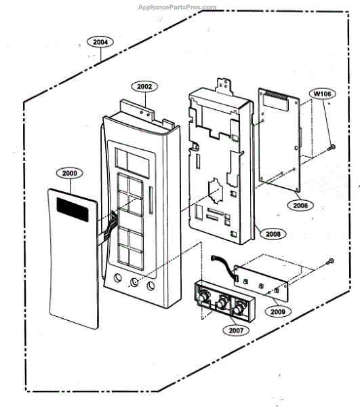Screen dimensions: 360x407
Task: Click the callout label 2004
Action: pos(100,42)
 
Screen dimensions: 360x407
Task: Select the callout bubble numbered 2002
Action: pos(144,86)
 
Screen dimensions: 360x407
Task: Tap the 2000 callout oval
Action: pos(70,174)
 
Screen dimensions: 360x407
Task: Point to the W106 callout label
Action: pos(323,94)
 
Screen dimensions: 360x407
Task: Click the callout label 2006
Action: pos(300,206)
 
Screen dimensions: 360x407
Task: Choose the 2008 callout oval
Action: pos(273,234)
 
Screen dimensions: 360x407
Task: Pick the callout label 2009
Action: pos(278,312)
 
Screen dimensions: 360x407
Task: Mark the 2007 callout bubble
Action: pos(236,331)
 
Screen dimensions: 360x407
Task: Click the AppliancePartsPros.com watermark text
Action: pos(177,7)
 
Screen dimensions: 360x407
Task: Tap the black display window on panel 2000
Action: pos(73,210)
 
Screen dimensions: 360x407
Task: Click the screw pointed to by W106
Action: pos(332,147)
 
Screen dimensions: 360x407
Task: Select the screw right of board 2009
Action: pos(330,261)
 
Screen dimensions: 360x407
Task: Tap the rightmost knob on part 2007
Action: pos(239,309)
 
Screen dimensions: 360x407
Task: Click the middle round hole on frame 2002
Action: pos(134,282)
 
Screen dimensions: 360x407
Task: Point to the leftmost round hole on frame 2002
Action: pos(118,277)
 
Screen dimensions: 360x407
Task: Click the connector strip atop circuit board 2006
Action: pos(275,96)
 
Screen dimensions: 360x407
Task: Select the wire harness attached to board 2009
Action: pos(224,267)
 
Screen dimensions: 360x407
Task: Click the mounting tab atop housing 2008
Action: pos(224,85)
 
